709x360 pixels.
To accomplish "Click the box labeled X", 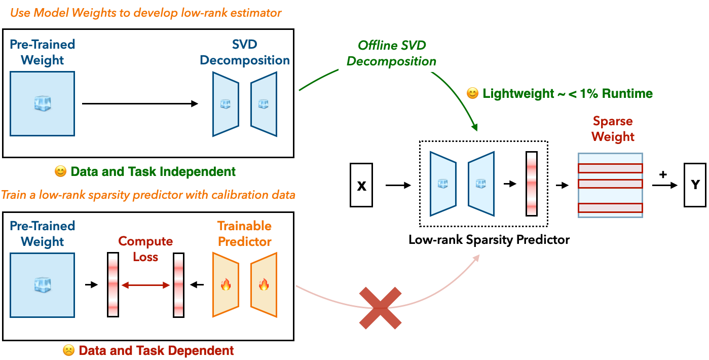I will pos(361,185).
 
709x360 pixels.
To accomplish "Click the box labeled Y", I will pos(694,185).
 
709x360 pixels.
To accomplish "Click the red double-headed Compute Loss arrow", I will pos(146,285).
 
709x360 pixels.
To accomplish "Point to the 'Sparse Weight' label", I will pos(613,129).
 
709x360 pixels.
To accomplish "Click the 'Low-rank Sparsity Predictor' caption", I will pos(489,240).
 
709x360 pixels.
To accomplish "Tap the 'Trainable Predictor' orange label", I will pos(245,234).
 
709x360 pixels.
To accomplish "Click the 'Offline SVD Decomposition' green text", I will pos(392,53).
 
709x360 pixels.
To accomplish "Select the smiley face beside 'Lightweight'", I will pos(472,94).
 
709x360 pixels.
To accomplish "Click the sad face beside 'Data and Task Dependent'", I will pos(68,350).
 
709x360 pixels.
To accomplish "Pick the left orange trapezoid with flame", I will pos(226,285).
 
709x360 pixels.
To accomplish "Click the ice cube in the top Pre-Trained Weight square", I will pos(43,104).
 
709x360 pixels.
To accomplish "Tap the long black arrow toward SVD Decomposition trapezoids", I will pos(140,104).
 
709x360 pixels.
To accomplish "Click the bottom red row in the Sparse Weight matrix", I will pos(610,207).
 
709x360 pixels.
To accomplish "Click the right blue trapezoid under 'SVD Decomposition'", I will pos(264,104).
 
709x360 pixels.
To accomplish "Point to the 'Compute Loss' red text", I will pos(146,249).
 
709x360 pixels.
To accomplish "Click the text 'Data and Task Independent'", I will pos(153,171).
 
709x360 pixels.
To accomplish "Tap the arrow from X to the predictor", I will pos(399,186).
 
